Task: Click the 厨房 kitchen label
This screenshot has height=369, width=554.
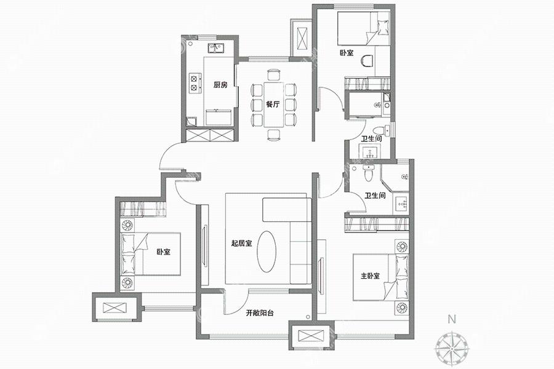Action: pyautogui.click(x=220, y=85)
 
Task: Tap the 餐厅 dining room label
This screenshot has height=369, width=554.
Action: pyautogui.click(x=273, y=105)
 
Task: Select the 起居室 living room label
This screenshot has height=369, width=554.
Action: pyautogui.click(x=241, y=244)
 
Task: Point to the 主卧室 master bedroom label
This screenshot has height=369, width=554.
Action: pyautogui.click(x=371, y=276)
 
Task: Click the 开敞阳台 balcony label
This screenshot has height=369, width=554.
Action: pyautogui.click(x=260, y=312)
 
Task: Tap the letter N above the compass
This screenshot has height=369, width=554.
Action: pyautogui.click(x=451, y=320)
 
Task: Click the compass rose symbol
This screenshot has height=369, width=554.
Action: pyautogui.click(x=452, y=347)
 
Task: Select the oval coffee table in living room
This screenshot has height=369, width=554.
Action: pyautogui.click(x=267, y=252)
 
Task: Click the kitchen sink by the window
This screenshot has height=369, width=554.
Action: pyautogui.click(x=215, y=48)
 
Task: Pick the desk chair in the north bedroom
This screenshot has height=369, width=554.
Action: pyautogui.click(x=368, y=61)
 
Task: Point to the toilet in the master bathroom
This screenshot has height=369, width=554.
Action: pyautogui.click(x=368, y=173)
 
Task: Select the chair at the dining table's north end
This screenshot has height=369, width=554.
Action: pyautogui.click(x=274, y=75)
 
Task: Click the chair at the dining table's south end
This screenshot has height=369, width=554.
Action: pyautogui.click(x=274, y=135)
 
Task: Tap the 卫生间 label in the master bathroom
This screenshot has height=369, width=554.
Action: pyautogui.click(x=375, y=196)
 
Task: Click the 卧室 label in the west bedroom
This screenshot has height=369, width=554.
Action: pyautogui.click(x=164, y=252)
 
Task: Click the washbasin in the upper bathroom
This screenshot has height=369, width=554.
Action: pyautogui.click(x=369, y=151)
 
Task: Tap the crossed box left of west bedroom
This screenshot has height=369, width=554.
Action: pyautogui.click(x=114, y=307)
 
